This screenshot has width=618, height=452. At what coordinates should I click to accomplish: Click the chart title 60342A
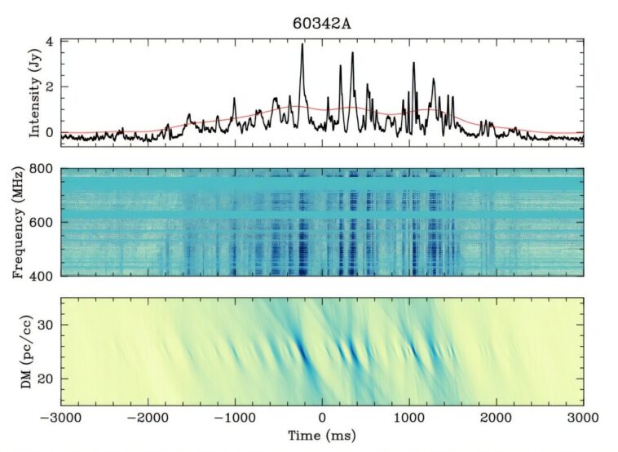click(x=322, y=22)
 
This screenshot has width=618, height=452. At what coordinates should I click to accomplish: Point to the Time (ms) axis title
click(x=322, y=436)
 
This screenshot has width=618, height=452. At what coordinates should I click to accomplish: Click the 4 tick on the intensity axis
click(x=50, y=42)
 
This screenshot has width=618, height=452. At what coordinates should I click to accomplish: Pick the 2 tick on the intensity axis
click(x=50, y=86)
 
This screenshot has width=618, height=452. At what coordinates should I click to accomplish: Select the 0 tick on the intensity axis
click(x=50, y=131)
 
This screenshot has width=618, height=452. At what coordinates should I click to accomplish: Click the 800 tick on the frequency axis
click(x=43, y=170)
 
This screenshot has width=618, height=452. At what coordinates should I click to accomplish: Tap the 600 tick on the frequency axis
click(x=43, y=223)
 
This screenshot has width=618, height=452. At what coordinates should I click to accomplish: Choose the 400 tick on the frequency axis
click(x=43, y=276)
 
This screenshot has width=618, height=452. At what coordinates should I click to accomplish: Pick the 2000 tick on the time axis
click(x=497, y=417)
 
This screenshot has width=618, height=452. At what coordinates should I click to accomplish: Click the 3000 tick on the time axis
click(x=583, y=417)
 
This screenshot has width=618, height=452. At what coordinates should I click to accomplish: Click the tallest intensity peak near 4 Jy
click(x=302, y=46)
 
